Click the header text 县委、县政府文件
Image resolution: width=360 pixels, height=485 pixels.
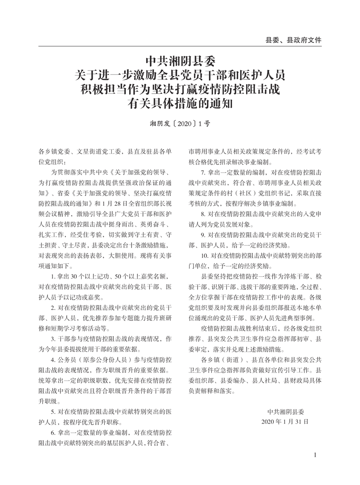293,39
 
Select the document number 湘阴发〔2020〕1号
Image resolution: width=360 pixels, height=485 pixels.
180,124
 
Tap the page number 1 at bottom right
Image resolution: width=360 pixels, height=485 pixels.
316,455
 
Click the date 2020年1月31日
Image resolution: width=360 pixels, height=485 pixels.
285,421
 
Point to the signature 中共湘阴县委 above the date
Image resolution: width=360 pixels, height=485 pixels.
285,411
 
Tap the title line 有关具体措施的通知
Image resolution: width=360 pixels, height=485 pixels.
180,105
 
